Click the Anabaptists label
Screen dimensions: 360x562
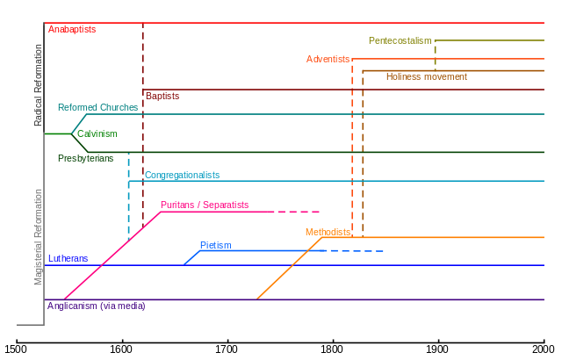point(72,29)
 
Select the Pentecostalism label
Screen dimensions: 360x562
point(400,40)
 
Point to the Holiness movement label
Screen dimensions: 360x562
point(426,76)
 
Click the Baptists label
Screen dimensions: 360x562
point(162,95)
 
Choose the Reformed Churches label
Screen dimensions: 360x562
point(97,107)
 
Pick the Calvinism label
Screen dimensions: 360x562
point(97,133)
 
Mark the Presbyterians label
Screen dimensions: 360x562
point(85,158)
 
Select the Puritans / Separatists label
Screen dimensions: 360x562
point(205,205)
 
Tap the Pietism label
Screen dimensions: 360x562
point(215,245)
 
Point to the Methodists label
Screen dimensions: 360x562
point(328,232)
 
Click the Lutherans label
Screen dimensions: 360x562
point(68,258)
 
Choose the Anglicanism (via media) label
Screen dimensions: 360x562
point(97,306)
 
